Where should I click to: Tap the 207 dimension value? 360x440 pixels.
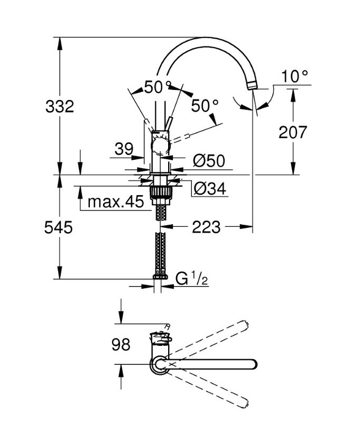click(x=292, y=132)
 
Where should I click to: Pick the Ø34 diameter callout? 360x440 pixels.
click(x=209, y=188)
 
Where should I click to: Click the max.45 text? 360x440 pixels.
click(x=115, y=202)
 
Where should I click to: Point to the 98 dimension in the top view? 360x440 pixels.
click(x=121, y=345)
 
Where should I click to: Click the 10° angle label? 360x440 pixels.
click(x=294, y=76)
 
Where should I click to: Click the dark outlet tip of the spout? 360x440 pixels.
click(x=252, y=85)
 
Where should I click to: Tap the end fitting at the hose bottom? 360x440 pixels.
click(x=159, y=276)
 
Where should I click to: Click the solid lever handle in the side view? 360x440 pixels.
click(x=169, y=126)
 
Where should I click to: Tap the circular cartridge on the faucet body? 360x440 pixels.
click(x=160, y=146)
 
